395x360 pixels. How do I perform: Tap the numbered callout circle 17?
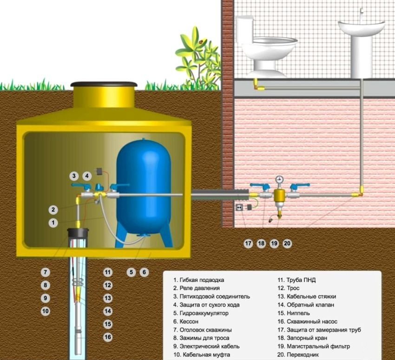pos(248,243)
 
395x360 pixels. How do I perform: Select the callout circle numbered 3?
pos(74,176)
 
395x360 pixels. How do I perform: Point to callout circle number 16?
pos(108,337)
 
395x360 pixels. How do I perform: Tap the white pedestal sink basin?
pos(361,27)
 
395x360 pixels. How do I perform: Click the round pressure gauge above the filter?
pos(279,180)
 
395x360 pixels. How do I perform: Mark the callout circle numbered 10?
pos(45,311)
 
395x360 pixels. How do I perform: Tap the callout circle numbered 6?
pos(144,272)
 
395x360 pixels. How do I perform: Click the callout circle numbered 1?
pos(53,223)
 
